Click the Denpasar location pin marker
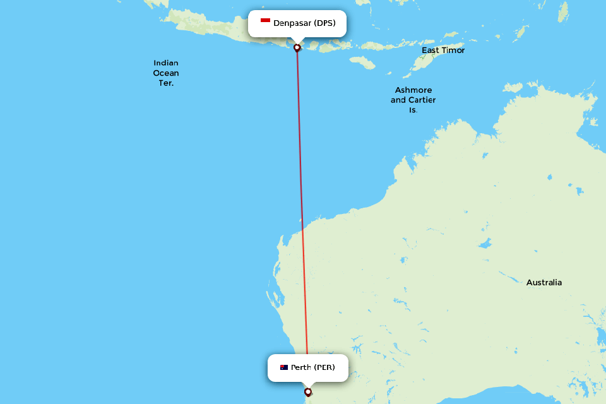(297, 47)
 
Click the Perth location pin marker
(307, 391)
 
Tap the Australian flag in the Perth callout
(284, 367)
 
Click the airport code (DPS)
(325, 23)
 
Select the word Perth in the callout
(300, 367)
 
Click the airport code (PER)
(324, 367)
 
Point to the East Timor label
(443, 50)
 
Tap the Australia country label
(544, 282)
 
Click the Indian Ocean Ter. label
(166, 73)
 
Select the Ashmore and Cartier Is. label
(413, 100)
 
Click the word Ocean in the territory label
(166, 73)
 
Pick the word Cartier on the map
(422, 100)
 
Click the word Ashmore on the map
(413, 90)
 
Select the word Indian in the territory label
(166, 62)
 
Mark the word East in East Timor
(431, 50)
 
